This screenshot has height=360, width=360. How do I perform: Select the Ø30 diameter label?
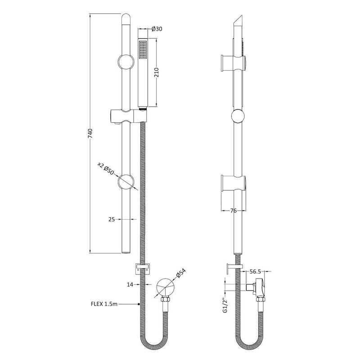[157, 29]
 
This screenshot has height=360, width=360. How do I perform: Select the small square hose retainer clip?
[142, 268]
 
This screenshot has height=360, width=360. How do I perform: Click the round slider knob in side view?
[238, 118]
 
